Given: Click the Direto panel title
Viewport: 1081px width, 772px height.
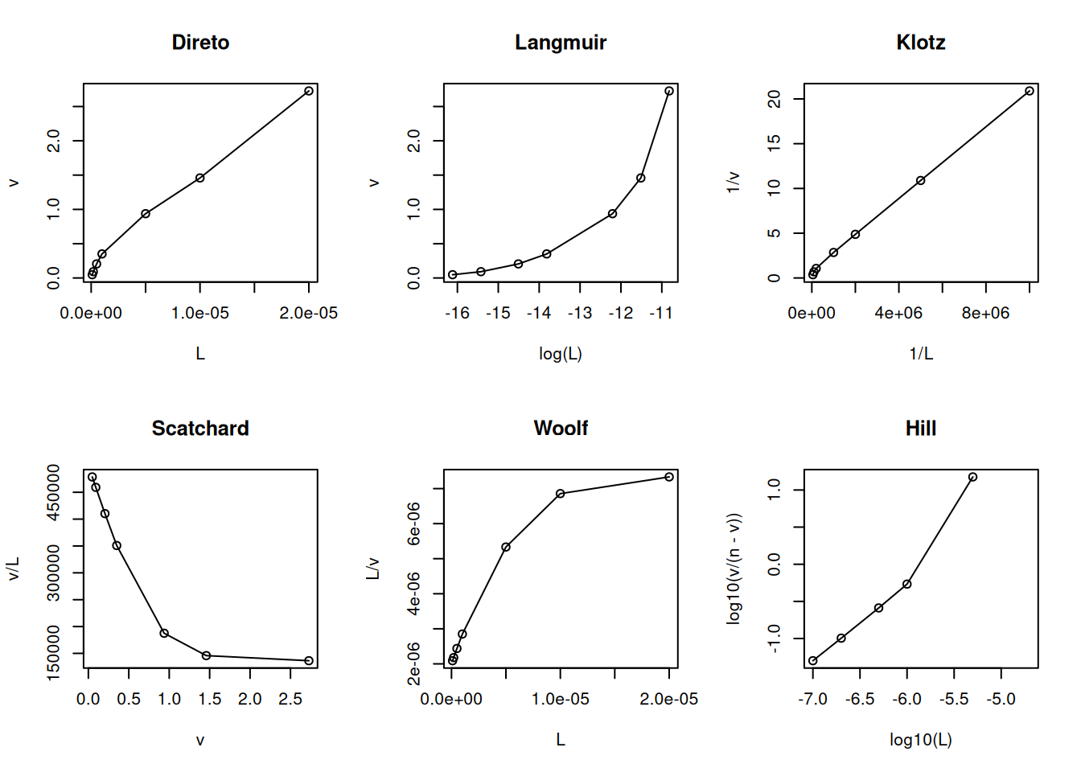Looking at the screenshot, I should pyautogui.click(x=200, y=43).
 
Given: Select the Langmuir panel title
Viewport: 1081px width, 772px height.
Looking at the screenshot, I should pyautogui.click(x=560, y=43).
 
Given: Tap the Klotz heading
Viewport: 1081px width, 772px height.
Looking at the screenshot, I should pyautogui.click(x=920, y=43).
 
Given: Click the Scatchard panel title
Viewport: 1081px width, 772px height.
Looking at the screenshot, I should pyautogui.click(x=200, y=429).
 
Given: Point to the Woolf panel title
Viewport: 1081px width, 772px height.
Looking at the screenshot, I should pyautogui.click(x=560, y=429).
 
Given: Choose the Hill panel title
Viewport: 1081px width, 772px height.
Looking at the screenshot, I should pyautogui.click(x=920, y=429).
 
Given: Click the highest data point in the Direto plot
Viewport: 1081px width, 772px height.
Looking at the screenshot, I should pyautogui.click(x=309, y=91).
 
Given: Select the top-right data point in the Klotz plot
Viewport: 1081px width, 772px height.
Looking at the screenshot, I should pyautogui.click(x=1030, y=91).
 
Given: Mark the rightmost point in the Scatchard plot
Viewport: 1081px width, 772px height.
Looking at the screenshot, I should pyautogui.click(x=309, y=661).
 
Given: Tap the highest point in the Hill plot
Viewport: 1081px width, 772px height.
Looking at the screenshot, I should pyautogui.click(x=972, y=477).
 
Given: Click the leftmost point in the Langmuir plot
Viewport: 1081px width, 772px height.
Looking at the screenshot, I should pyautogui.click(x=453, y=275).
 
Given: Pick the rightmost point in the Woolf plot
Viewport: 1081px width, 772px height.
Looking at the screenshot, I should pyautogui.click(x=669, y=477).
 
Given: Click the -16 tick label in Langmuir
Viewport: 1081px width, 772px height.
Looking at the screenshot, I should pyautogui.click(x=457, y=314).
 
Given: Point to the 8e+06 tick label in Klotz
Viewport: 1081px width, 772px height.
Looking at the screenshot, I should pyautogui.click(x=985, y=314).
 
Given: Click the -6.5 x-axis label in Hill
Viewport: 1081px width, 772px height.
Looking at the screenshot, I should pyautogui.click(x=859, y=700).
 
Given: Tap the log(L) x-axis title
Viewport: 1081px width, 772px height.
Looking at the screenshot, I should pyautogui.click(x=560, y=354).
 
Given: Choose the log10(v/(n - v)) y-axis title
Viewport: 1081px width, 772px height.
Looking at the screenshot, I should pyautogui.click(x=734, y=569).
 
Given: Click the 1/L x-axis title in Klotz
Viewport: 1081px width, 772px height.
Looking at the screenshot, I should pyautogui.click(x=920, y=354).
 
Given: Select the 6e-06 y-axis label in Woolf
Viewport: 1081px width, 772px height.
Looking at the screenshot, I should pyautogui.click(x=413, y=524).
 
